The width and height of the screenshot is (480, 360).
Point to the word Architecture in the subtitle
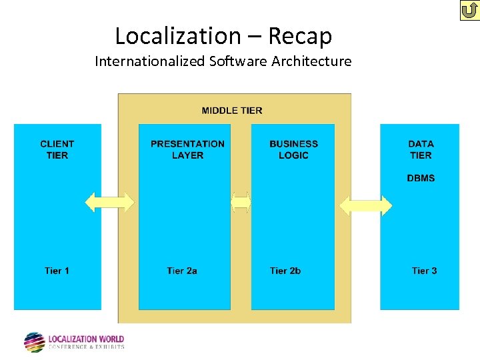(x=310, y=61)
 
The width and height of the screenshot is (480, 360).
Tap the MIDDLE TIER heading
(x=232, y=111)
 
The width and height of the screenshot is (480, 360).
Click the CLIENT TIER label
(x=57, y=149)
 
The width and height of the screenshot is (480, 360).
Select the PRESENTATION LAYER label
(x=187, y=149)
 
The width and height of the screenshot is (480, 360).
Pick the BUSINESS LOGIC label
(x=293, y=149)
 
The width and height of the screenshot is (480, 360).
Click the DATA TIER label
(x=421, y=149)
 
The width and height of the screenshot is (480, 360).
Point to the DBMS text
(x=421, y=178)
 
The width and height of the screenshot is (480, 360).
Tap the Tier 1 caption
(x=57, y=271)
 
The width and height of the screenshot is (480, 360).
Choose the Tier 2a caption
(x=182, y=271)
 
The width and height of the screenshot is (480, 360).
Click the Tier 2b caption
(x=285, y=271)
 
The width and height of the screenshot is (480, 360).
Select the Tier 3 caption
(x=425, y=271)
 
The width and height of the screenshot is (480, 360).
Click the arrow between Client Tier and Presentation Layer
(x=110, y=202)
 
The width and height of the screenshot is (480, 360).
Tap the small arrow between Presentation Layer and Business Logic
(x=241, y=202)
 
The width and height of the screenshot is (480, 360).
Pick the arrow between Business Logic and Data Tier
(x=366, y=205)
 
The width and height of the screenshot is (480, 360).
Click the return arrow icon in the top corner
(x=469, y=11)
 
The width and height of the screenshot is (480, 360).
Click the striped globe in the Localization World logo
(x=35, y=342)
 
